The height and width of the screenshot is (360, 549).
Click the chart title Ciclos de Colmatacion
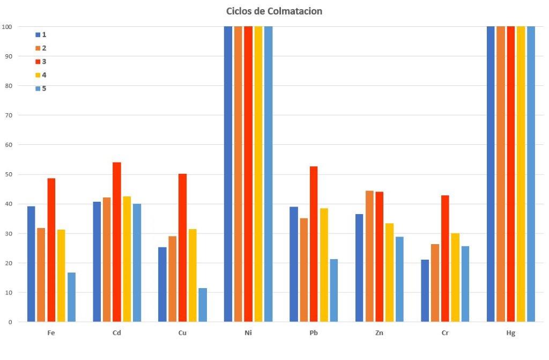pos(274,11)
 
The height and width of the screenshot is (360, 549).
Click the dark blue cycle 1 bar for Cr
pos(425,291)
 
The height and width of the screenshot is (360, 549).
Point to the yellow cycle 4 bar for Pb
pos(324,265)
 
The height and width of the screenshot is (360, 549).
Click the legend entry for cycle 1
pos(41,34)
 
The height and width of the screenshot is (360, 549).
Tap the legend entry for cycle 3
pos(41,61)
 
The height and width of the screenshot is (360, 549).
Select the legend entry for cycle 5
pos(41,88)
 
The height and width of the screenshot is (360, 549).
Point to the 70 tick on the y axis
pos(9,115)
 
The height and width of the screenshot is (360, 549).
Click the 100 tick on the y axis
pos(7,26)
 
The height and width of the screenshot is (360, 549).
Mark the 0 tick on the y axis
pos(10,322)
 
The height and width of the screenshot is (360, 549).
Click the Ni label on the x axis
pos(248,333)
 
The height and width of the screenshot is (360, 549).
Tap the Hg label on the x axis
pos(510,333)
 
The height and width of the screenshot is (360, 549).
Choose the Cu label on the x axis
pos(182,333)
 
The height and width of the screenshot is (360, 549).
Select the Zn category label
pos(379,333)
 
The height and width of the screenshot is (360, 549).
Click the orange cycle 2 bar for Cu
pos(172,279)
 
